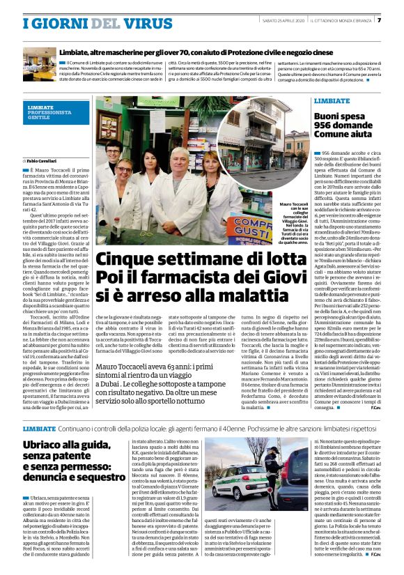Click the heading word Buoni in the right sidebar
tap(332, 115)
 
